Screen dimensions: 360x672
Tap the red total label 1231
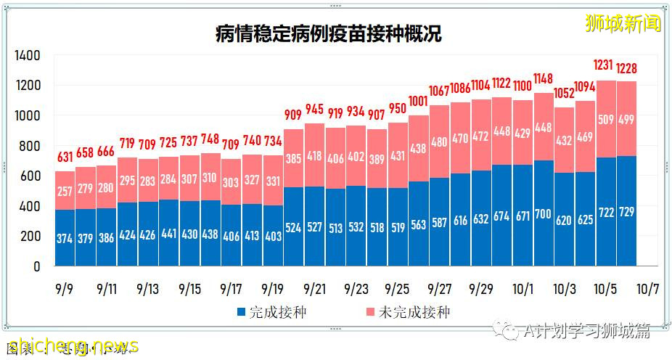point(606,66)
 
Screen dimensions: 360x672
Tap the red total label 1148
point(544,78)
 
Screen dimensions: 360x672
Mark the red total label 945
point(314,110)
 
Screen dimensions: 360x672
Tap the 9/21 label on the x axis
point(314,289)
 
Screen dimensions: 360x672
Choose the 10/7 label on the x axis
point(647,289)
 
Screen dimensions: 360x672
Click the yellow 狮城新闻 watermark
point(623,23)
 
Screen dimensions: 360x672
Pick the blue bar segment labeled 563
point(419,225)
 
